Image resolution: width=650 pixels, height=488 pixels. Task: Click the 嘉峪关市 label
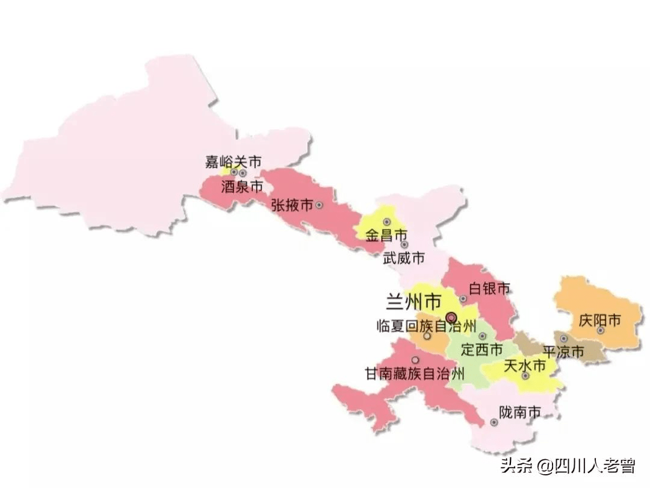[x=234, y=161]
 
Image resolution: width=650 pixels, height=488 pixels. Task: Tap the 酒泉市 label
[x=242, y=187]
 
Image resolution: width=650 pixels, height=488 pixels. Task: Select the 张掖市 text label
[x=291, y=205]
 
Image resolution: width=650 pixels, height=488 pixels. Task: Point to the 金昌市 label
[x=386, y=236]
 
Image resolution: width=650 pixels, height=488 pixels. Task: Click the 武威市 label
[x=404, y=258]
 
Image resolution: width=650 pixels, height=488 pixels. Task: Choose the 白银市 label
[x=489, y=288]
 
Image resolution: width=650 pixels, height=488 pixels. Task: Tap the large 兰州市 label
[x=413, y=299]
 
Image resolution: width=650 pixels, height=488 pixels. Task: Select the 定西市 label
[x=481, y=349]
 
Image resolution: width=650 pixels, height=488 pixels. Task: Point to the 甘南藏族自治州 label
[x=415, y=374]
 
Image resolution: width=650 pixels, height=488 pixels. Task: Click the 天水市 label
[x=524, y=365]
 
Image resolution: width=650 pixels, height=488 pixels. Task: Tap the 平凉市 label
[x=563, y=352]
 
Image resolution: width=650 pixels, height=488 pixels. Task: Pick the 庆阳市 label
[x=599, y=320]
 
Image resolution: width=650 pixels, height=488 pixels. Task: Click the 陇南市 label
[x=520, y=412]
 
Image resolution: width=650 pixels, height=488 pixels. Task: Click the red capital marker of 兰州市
[x=451, y=317]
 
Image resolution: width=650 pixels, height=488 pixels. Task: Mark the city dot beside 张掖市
[x=319, y=205]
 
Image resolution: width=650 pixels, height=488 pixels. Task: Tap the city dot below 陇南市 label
[x=494, y=422]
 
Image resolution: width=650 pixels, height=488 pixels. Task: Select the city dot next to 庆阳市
[x=600, y=331]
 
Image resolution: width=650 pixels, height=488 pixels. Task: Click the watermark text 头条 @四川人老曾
[x=568, y=465]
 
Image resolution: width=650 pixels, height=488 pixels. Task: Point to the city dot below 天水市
[x=525, y=376]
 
